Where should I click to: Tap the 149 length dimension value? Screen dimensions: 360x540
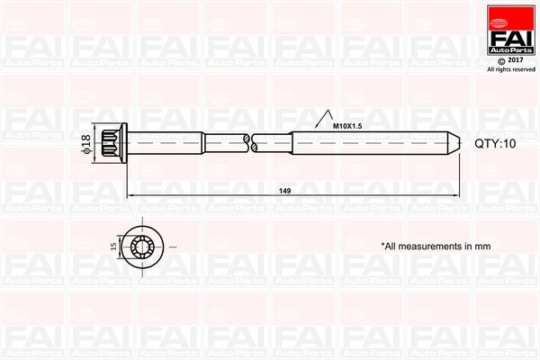point(285,191)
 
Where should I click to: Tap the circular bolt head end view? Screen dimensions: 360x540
point(144,246)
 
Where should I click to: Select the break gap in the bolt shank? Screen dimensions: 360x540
point(250,141)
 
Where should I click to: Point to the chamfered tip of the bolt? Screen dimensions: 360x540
point(454,141)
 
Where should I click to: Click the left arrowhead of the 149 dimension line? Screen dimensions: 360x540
point(130,195)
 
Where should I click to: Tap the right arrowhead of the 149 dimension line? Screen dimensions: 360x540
point(455,195)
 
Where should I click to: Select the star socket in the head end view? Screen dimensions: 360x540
point(144,246)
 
